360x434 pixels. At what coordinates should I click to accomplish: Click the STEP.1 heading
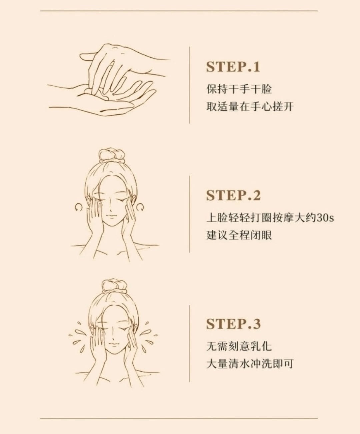pyautogui.click(x=233, y=67)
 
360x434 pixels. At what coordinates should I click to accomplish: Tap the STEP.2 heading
pyautogui.click(x=233, y=195)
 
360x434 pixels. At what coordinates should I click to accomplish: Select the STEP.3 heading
pyautogui.click(x=233, y=324)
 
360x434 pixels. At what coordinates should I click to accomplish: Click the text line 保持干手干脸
pyautogui.click(x=239, y=89)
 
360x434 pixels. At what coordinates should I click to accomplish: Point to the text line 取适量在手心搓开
pyautogui.click(x=250, y=107)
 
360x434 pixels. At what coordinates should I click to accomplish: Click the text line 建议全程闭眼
pyautogui.click(x=239, y=235)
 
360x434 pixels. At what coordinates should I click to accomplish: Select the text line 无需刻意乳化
pyautogui.click(x=239, y=346)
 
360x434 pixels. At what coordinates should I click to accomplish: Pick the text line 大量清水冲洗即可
pyautogui.click(x=250, y=364)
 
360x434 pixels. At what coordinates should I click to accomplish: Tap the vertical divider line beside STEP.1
pyautogui.click(x=190, y=85)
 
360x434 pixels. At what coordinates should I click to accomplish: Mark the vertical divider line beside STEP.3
pyautogui.click(x=190, y=344)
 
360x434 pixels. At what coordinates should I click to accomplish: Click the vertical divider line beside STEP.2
pyautogui.click(x=190, y=214)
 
